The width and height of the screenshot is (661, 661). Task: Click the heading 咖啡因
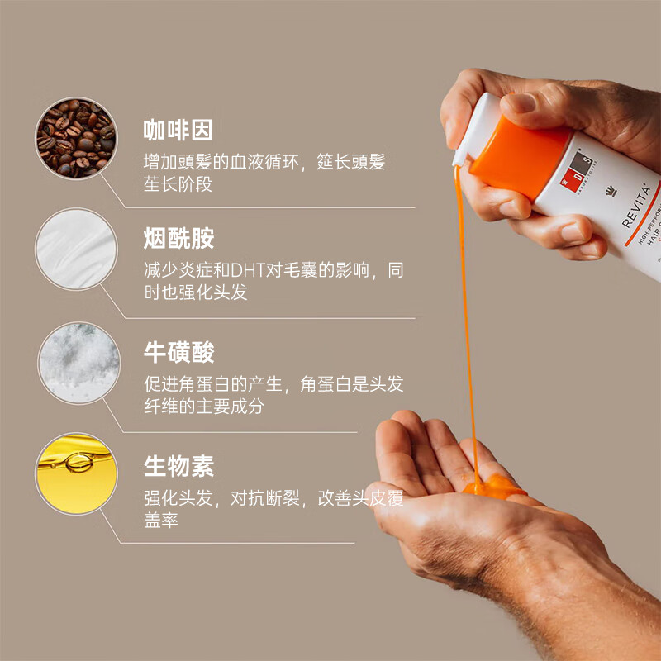(178, 130)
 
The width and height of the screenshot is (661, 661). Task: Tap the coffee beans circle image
(76, 138)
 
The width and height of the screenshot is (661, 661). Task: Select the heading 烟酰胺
(178, 239)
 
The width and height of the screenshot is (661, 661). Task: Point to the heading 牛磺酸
(178, 352)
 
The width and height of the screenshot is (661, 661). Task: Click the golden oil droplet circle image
(76, 473)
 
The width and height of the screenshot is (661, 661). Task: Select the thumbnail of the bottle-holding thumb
(520, 103)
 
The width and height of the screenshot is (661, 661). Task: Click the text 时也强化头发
(195, 292)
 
